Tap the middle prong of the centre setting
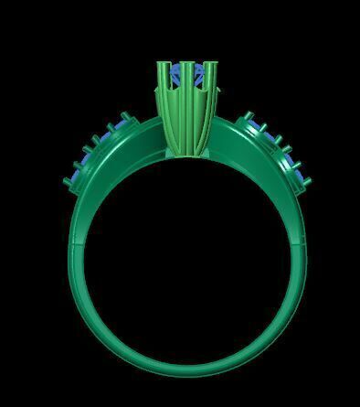click(x=186, y=82)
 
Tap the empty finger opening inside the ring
click(x=186, y=265)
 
